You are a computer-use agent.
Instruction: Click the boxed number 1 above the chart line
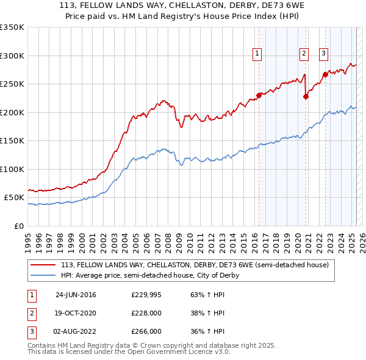point(257,54)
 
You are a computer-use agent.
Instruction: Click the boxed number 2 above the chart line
point(304,54)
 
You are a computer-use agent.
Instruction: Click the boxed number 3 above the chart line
point(323,54)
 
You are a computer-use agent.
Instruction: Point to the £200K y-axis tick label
point(12,112)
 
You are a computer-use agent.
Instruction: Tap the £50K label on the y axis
point(14,198)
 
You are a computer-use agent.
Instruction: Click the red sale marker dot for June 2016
point(259,95)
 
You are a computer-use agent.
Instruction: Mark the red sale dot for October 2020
point(306,96)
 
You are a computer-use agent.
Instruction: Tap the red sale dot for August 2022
point(325,74)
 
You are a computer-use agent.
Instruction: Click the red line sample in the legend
point(43,265)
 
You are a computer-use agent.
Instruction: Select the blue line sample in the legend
point(43,275)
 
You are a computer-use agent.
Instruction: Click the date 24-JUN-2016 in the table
point(76,295)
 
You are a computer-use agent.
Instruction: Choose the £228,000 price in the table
point(146,313)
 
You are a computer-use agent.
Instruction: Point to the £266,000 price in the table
point(146,331)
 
